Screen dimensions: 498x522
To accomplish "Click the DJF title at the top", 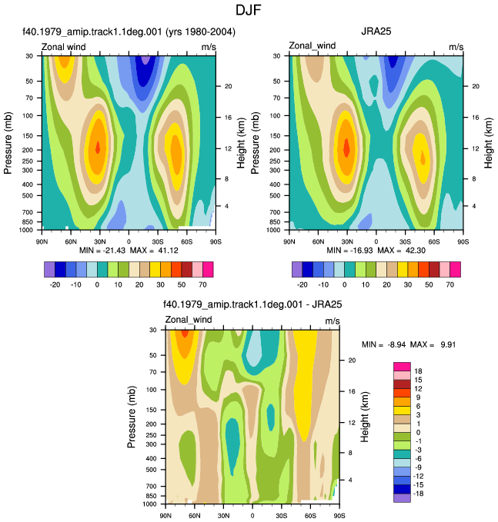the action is (249, 10).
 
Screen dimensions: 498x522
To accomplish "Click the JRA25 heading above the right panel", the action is (376, 32).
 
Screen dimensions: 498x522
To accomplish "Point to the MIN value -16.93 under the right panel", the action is (361, 251).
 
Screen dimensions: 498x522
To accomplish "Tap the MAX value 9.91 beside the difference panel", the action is (448, 344).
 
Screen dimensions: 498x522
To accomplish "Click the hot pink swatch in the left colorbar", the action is (208, 269).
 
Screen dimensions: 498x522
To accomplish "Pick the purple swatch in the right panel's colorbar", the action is (297, 269).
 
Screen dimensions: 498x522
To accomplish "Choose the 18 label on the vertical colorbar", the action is (418, 371).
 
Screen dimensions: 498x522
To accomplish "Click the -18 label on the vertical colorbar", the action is (418, 494).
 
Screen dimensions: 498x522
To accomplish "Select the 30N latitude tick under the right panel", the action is (347, 241).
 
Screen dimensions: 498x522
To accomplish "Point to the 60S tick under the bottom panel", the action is (310, 516).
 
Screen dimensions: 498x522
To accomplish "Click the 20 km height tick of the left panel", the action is (228, 86).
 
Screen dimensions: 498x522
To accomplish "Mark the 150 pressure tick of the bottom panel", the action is (152, 410).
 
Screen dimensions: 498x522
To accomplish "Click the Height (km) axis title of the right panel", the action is (488, 143).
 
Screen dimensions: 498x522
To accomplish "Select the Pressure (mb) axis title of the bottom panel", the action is (132, 417).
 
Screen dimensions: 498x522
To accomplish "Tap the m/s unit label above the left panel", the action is (209, 47).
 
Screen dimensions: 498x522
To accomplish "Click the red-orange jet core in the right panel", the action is (346, 148).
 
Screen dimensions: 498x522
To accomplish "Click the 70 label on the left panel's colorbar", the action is (202, 284).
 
